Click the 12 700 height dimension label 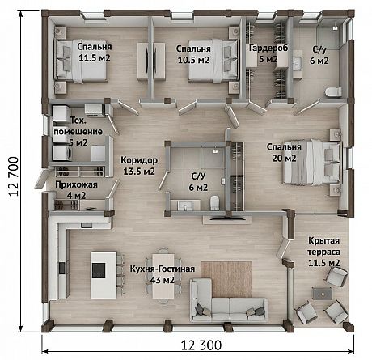(x=14, y=176)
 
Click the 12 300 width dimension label (x=201, y=345)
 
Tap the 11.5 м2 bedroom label (x=95, y=52)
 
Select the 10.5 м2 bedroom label (x=193, y=54)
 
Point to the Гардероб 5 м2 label (x=268, y=53)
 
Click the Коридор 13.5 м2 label (x=139, y=166)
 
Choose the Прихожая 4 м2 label (x=76, y=190)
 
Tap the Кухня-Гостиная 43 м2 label (x=163, y=274)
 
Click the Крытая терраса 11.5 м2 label (x=323, y=252)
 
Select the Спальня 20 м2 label (x=284, y=152)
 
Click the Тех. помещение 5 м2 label (x=78, y=132)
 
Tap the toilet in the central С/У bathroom (x=214, y=203)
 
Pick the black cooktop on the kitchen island (x=98, y=270)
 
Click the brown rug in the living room (x=226, y=279)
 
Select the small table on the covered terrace (x=322, y=294)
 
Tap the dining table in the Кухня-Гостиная (x=163, y=276)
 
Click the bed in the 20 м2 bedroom (x=312, y=162)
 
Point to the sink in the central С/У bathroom (x=185, y=205)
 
